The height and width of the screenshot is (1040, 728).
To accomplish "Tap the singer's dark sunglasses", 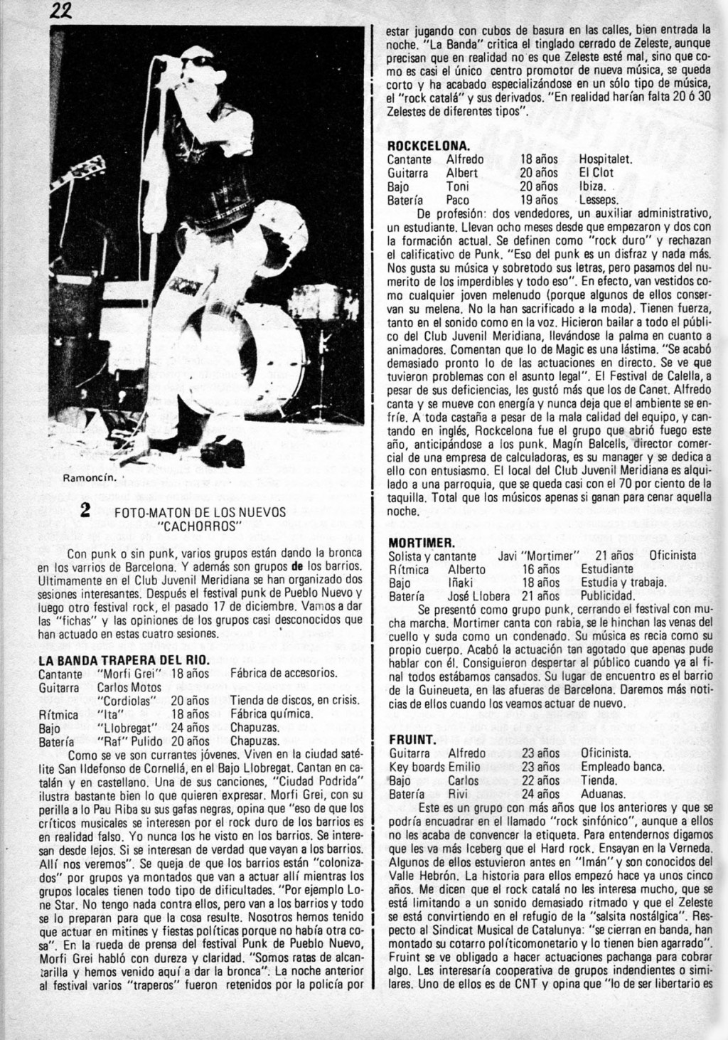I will pyautogui.click(x=198, y=63).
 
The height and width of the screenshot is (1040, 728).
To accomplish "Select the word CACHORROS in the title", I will pyautogui.click(x=200, y=526).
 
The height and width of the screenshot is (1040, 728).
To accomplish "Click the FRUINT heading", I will pyautogui.click(x=408, y=739).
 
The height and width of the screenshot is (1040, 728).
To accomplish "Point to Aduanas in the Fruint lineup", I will pyautogui.click(x=603, y=794).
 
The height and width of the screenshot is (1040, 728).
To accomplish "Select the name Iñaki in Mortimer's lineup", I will pyautogui.click(x=463, y=583).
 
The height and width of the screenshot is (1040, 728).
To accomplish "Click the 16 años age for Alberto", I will pyautogui.click(x=540, y=569).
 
